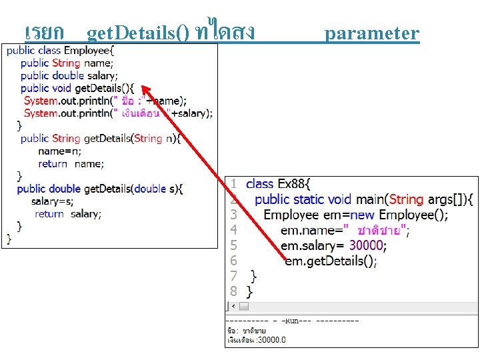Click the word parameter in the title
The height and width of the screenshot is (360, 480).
372,33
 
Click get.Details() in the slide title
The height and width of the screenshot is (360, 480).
139,33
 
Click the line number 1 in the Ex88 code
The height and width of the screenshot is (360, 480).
233,183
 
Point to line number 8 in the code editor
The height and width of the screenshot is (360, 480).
233,291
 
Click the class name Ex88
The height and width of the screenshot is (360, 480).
293,183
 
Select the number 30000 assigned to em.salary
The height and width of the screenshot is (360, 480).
368,245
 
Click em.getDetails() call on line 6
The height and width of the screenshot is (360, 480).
330,261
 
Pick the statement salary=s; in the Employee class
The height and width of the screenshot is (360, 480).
52,201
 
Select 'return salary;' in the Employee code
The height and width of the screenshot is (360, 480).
68,214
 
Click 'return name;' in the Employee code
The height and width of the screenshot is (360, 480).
71,163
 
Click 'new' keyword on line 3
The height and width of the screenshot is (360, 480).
363,215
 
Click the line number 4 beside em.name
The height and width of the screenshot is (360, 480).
233,230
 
